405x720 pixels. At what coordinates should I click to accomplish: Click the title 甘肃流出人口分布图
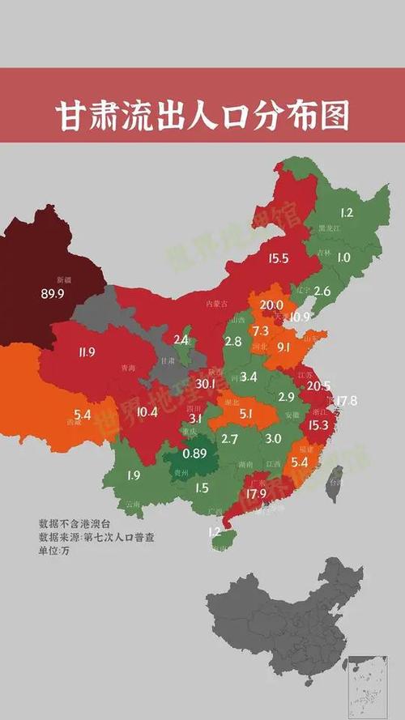pyautogui.click(x=202, y=116)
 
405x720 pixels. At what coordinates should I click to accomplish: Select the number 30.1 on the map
pyautogui.click(x=205, y=383)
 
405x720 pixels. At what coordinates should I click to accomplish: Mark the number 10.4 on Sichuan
pyautogui.click(x=147, y=412)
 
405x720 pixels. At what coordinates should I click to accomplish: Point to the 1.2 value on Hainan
pyautogui.click(x=215, y=532)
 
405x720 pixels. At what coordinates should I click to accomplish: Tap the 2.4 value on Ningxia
pyautogui.click(x=181, y=340)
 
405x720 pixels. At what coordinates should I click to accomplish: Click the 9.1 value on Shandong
pyautogui.click(x=283, y=347)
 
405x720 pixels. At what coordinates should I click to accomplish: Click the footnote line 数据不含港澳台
pyautogui.click(x=74, y=522)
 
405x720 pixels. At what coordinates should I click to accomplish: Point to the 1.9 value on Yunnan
pyautogui.click(x=135, y=475)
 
